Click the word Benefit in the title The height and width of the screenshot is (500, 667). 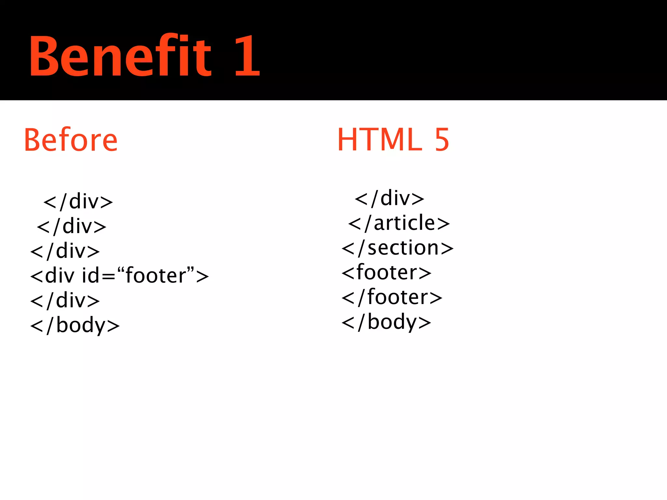pyautogui.click(x=121, y=56)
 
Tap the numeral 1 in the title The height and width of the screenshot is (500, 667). pyautogui.click(x=247, y=56)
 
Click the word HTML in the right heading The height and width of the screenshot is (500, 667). pyautogui.click(x=380, y=140)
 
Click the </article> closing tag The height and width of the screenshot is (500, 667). pyautogui.click(x=399, y=223)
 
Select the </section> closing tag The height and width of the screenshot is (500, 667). pyautogui.click(x=397, y=248)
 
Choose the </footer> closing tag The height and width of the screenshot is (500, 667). pyautogui.click(x=392, y=297)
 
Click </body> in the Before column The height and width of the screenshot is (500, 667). pyautogui.click(x=75, y=325)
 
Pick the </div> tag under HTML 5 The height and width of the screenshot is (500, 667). pyautogui.click(x=390, y=199)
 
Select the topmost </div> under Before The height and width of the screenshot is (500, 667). pyautogui.click(x=78, y=202)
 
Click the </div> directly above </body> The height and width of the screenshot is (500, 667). pyautogui.click(x=65, y=300)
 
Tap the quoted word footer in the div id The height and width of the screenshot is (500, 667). pyautogui.click(x=155, y=275)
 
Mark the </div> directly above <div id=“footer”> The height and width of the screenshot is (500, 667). pyautogui.click(x=65, y=251)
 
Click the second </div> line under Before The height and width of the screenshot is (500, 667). pyautogui.click(x=72, y=227)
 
